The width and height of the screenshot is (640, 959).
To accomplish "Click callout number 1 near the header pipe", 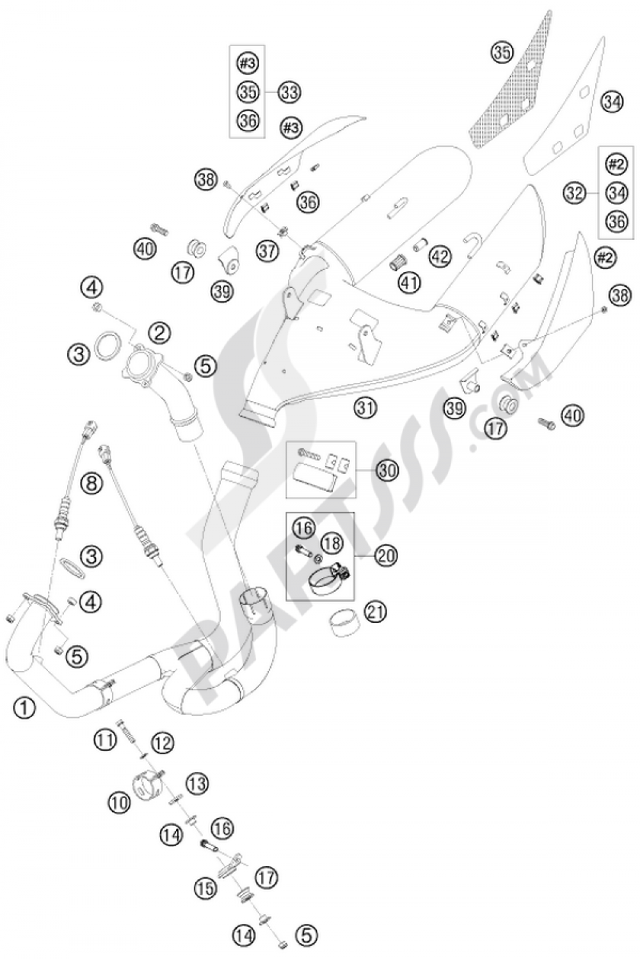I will click(24, 707).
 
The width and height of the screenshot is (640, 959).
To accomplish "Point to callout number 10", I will click(119, 803).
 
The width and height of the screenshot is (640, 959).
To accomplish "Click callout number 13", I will click(197, 782).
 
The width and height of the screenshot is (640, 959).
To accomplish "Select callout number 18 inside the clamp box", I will click(332, 543).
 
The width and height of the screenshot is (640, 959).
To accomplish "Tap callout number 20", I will click(385, 555).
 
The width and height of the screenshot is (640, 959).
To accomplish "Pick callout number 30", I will click(387, 471).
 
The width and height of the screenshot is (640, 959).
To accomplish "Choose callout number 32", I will click(575, 193).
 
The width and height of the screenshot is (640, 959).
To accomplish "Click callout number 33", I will click(289, 92).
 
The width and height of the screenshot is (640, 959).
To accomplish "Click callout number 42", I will click(439, 255).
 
